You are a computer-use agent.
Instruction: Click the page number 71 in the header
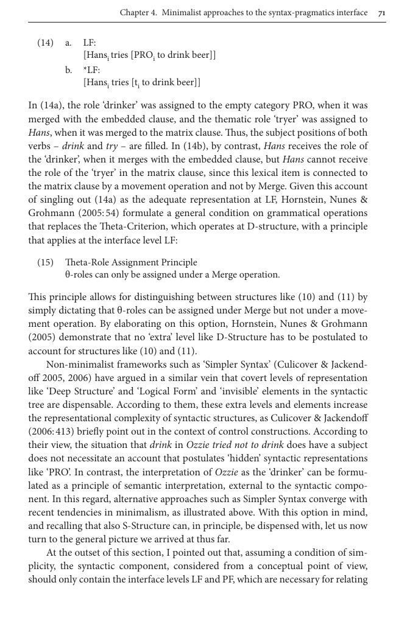pos(381,13)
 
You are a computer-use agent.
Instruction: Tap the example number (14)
pos(45,43)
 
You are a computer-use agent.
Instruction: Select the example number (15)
pos(45,262)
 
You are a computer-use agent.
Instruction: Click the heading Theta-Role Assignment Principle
pos(131,262)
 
